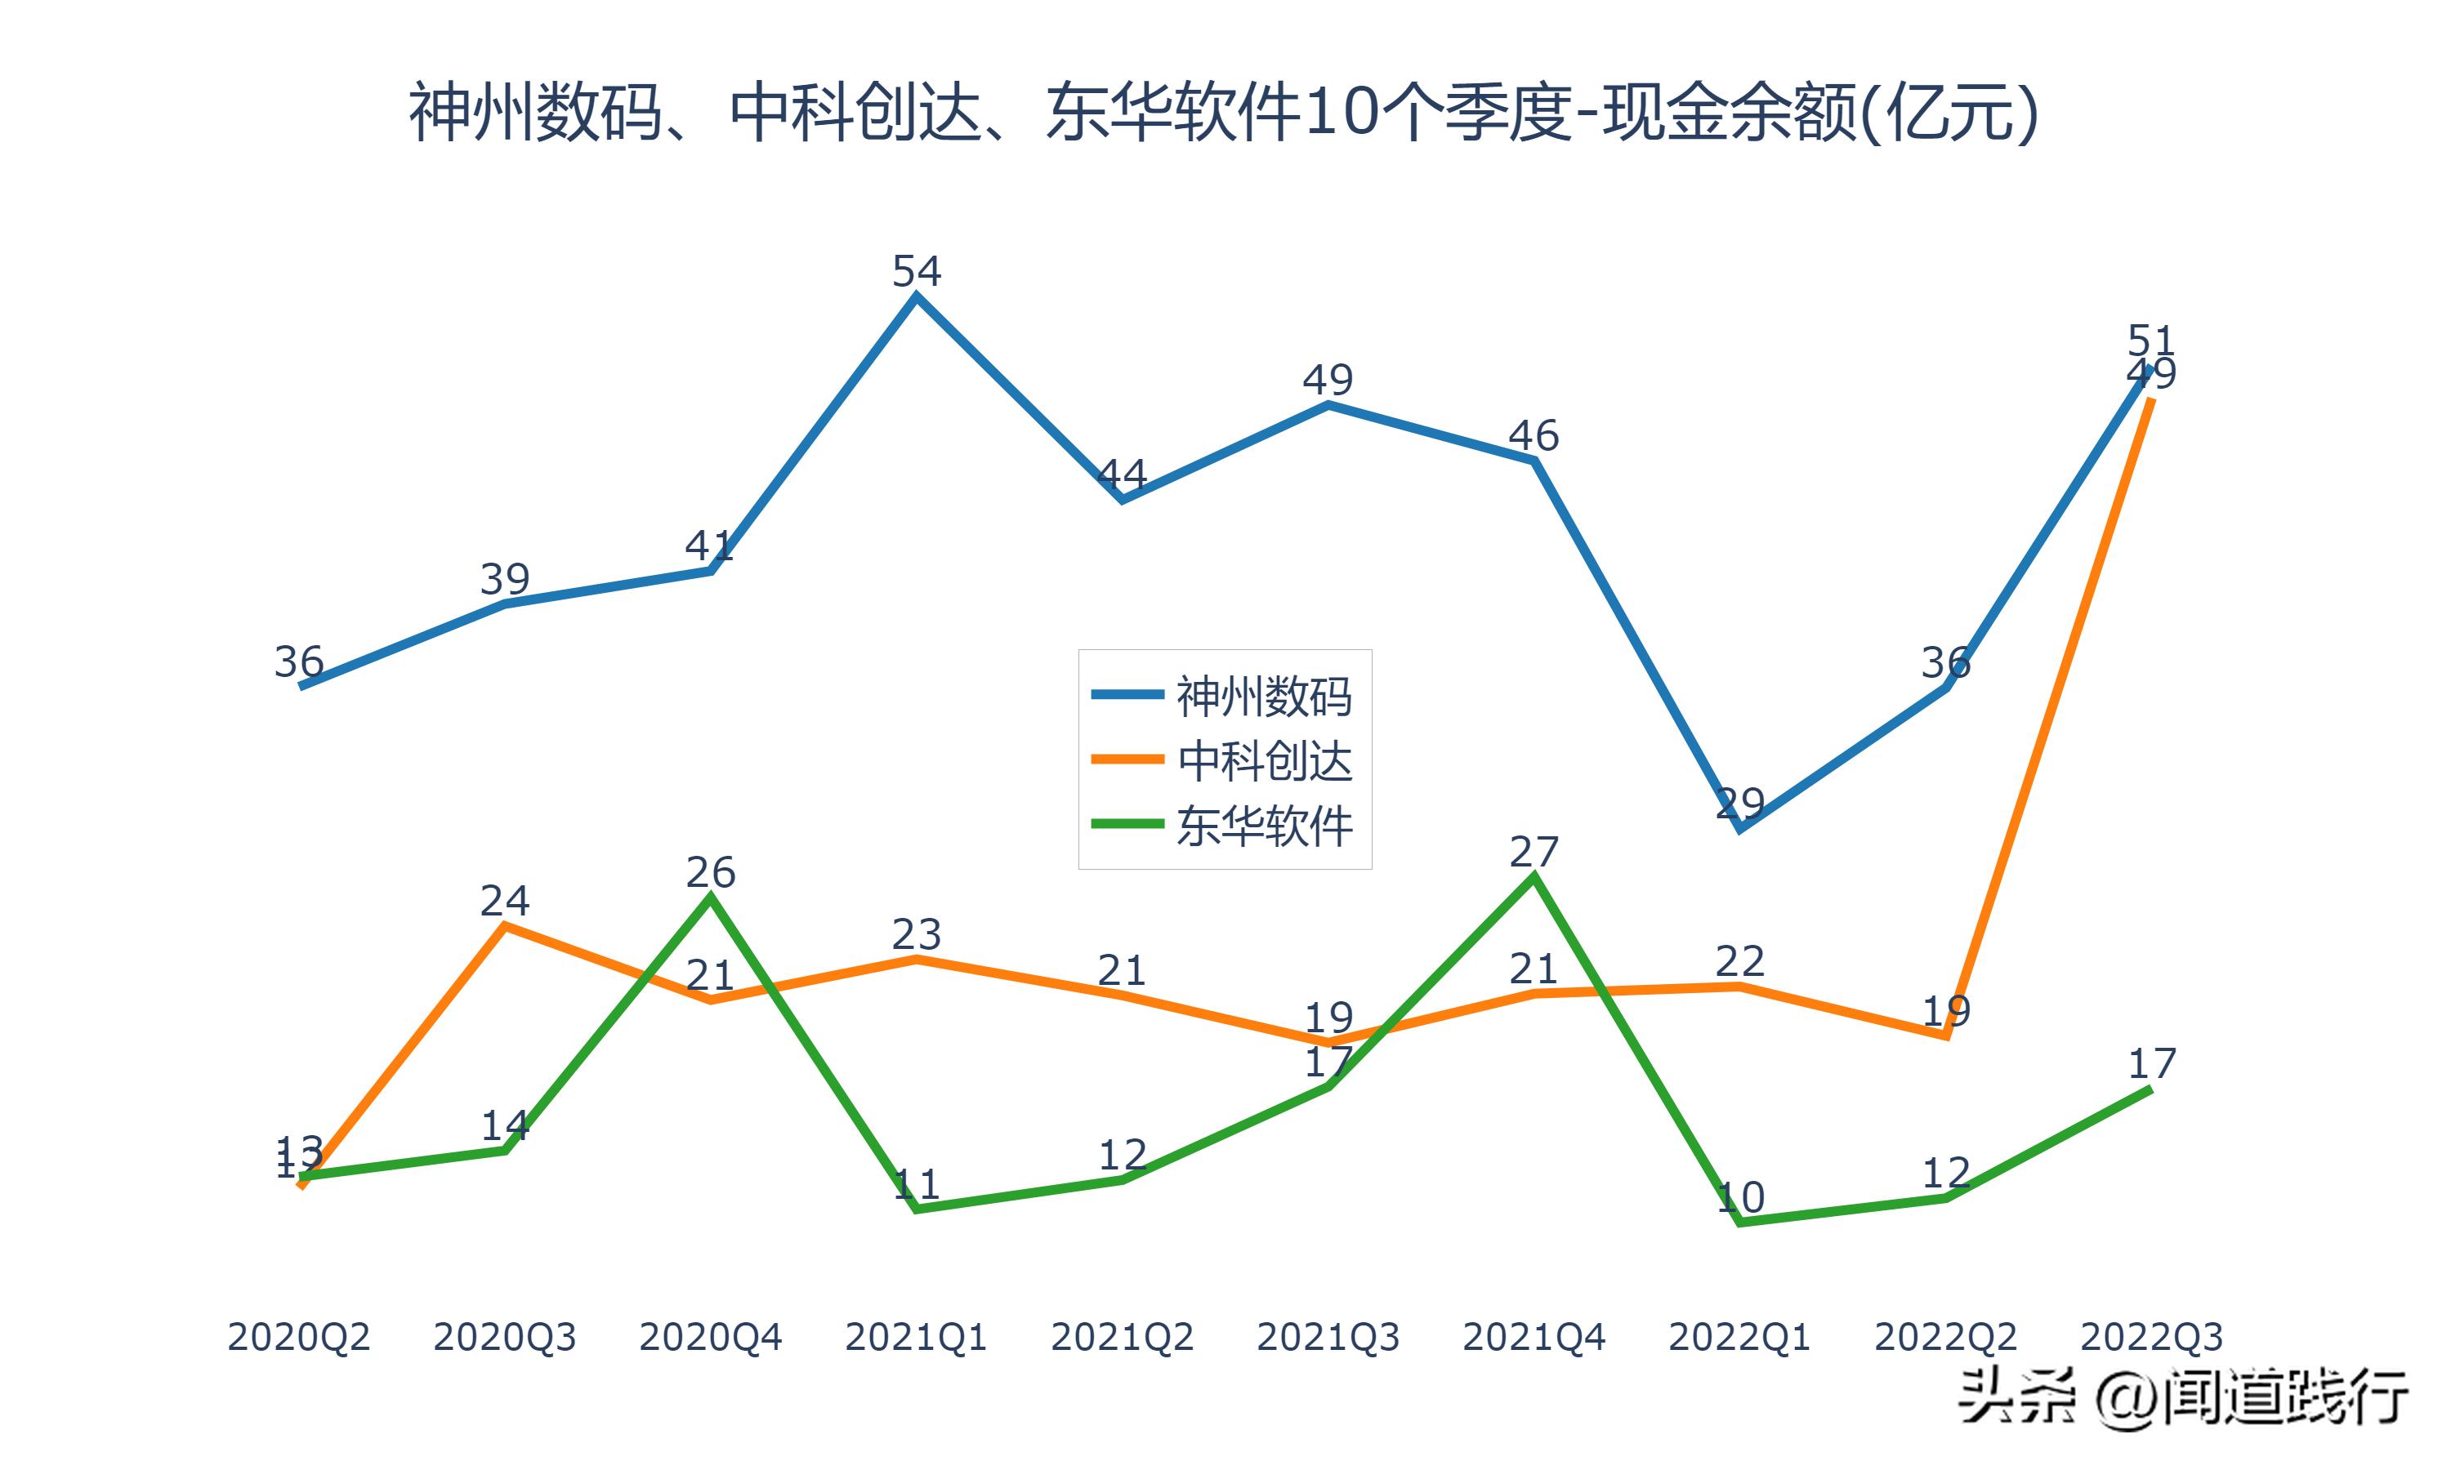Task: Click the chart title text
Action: (x=1225, y=113)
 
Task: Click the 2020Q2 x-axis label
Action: (x=298, y=1337)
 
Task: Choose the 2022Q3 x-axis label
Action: (x=2151, y=1337)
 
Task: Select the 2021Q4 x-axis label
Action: (x=1534, y=1337)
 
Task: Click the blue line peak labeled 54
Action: (x=917, y=271)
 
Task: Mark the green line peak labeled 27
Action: (x=1534, y=852)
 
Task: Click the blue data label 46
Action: (x=1534, y=436)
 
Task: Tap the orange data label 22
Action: (x=1739, y=962)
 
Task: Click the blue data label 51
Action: (x=2151, y=341)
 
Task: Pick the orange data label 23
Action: (x=917, y=934)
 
